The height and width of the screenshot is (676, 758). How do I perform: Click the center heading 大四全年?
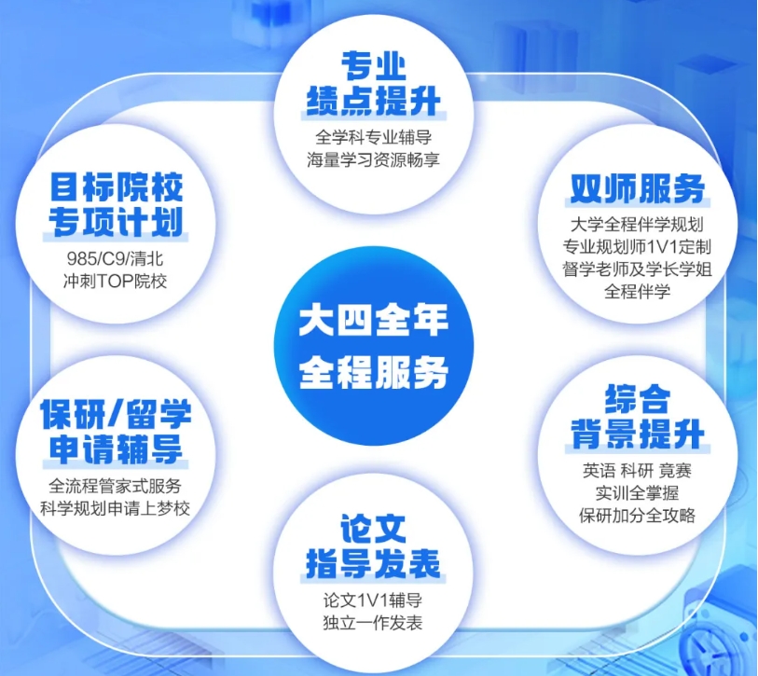373,321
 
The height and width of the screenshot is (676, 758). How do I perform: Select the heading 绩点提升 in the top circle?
373,101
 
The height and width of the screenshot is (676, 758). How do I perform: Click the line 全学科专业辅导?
373,137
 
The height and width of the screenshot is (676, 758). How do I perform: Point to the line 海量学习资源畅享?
373,160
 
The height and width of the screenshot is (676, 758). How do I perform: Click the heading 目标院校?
116,187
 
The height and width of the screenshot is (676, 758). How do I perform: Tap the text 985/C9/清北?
115,258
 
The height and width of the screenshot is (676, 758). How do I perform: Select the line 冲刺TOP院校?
115,281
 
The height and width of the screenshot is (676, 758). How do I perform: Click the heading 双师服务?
637,188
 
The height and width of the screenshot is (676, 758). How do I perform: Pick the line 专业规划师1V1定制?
637,246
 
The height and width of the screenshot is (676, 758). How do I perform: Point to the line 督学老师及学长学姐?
637,269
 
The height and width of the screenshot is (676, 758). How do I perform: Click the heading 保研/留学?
116,414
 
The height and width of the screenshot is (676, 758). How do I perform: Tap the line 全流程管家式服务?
115,486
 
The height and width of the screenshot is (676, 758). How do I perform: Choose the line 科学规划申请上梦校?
115,508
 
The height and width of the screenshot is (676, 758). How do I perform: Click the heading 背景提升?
637,435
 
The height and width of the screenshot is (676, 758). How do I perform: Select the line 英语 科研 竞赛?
637,471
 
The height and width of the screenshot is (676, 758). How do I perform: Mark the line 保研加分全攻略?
637,516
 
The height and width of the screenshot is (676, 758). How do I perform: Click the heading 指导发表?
373,563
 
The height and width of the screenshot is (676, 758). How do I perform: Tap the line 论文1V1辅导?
373,600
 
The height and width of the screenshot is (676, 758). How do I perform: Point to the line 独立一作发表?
373,623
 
